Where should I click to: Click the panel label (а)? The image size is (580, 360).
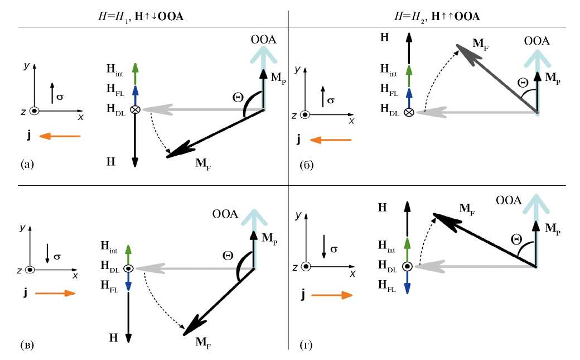[27, 164]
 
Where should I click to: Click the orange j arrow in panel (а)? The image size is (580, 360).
[63, 136]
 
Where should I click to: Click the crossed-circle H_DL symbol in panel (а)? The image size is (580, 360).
[134, 110]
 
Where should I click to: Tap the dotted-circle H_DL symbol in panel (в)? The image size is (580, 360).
[129, 268]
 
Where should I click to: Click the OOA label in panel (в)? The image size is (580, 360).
[226, 214]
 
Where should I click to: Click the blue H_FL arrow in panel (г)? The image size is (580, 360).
[408, 285]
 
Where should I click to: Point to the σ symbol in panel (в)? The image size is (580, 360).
[56, 256]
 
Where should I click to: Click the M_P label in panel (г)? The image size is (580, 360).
[552, 228]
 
